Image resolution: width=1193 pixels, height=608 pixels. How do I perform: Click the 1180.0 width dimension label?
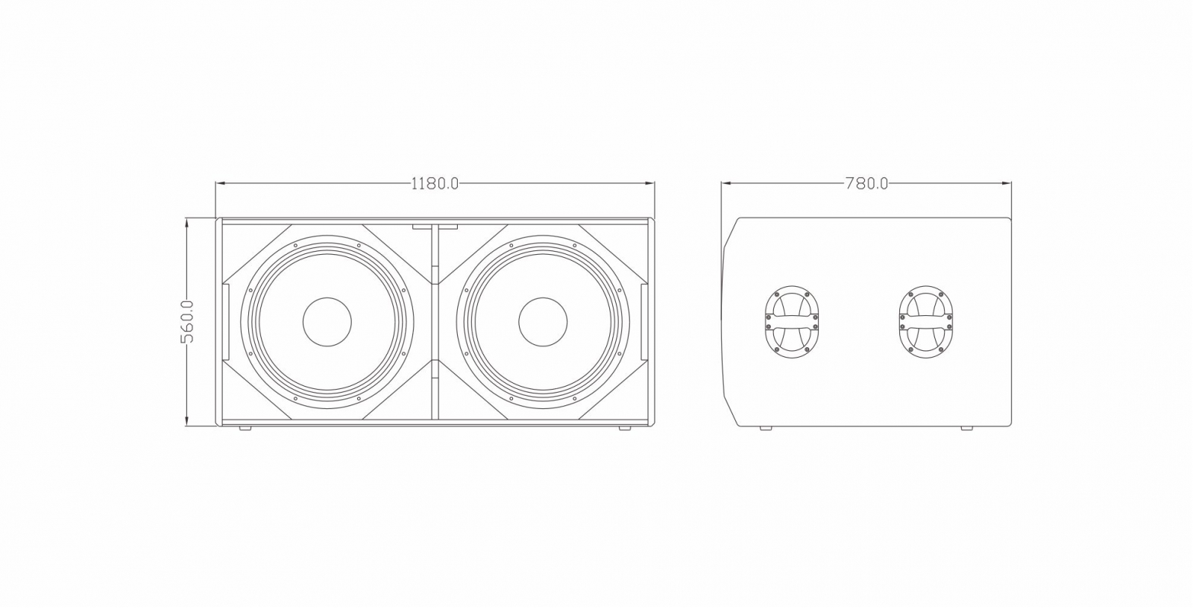[435, 184]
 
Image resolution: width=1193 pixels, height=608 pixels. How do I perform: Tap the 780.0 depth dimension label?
[866, 184]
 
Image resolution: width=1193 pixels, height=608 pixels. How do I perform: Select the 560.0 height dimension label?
[187, 322]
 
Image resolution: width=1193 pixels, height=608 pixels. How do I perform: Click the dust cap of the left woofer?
[327, 322]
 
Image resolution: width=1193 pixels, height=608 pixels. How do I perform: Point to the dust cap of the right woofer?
[543, 322]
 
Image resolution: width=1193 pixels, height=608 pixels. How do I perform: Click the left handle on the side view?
[791, 322]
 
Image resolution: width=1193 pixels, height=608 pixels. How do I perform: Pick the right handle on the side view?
[925, 322]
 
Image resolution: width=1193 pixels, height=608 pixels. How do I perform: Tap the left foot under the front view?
[245, 428]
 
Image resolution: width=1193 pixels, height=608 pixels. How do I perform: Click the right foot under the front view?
[625, 428]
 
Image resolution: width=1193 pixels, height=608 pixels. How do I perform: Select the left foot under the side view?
[765, 428]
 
